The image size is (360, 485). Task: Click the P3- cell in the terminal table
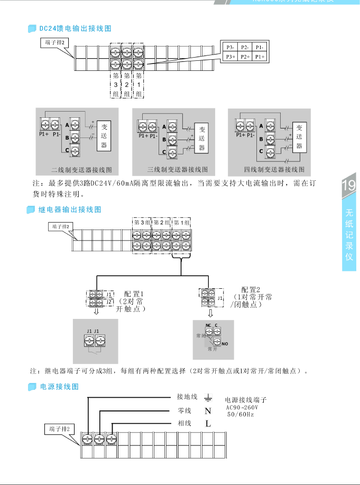point(230,47)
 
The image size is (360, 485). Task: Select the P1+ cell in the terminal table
point(260,56)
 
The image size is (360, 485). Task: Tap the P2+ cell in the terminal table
point(245,56)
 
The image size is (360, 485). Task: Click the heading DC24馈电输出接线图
point(76,28)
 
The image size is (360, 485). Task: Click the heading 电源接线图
point(60,387)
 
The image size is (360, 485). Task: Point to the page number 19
point(349,186)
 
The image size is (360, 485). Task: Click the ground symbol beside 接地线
point(208,397)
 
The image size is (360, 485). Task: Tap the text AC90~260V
point(242,408)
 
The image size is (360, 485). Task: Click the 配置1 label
point(134,294)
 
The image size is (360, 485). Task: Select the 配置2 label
point(251,289)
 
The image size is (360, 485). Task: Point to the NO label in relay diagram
point(225,343)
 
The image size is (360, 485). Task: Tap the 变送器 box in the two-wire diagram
point(104,136)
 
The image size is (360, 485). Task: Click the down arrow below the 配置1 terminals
point(96,312)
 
